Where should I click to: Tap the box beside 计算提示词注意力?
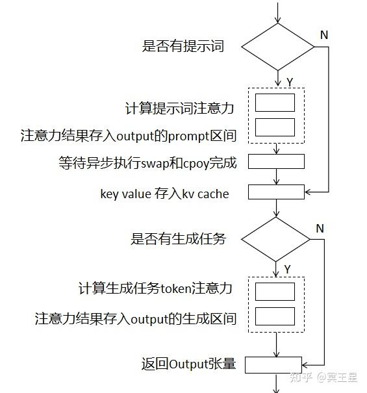pos(275,103)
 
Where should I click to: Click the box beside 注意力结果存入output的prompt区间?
pos(275,127)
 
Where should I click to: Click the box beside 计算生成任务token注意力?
pos(275,291)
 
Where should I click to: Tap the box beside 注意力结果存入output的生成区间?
pos(275,316)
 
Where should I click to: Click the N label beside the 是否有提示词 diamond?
pos(323,34)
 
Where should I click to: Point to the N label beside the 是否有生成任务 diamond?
pos(320,228)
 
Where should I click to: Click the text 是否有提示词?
pos(183,46)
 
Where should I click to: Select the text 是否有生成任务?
pos(179,239)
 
